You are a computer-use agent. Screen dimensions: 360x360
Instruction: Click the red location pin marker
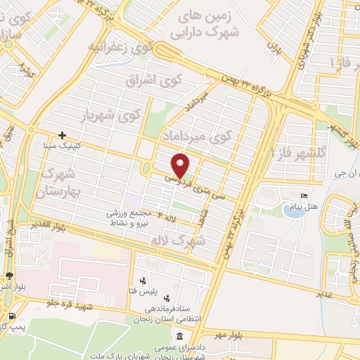181,165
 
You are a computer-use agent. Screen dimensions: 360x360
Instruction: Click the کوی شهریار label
112,112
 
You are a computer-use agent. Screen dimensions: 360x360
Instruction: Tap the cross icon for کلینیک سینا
63,135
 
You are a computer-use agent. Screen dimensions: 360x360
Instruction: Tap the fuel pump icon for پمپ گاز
8,316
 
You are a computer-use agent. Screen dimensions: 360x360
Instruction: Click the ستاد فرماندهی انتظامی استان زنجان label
173,313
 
